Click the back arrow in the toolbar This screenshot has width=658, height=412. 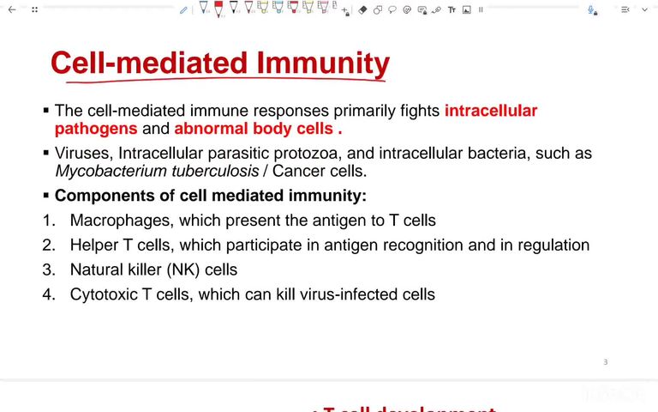click(x=12, y=10)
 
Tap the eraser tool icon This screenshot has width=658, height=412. click(x=362, y=10)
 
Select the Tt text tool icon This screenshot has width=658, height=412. click(x=452, y=10)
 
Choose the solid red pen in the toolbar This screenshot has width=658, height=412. click(x=218, y=9)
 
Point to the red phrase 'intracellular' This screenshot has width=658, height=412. click(x=490, y=111)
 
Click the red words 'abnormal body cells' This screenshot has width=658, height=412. click(x=254, y=129)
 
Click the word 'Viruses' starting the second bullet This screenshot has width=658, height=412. click(x=81, y=154)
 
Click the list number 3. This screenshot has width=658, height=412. click(x=48, y=270)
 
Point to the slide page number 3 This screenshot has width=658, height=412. click(x=605, y=362)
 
